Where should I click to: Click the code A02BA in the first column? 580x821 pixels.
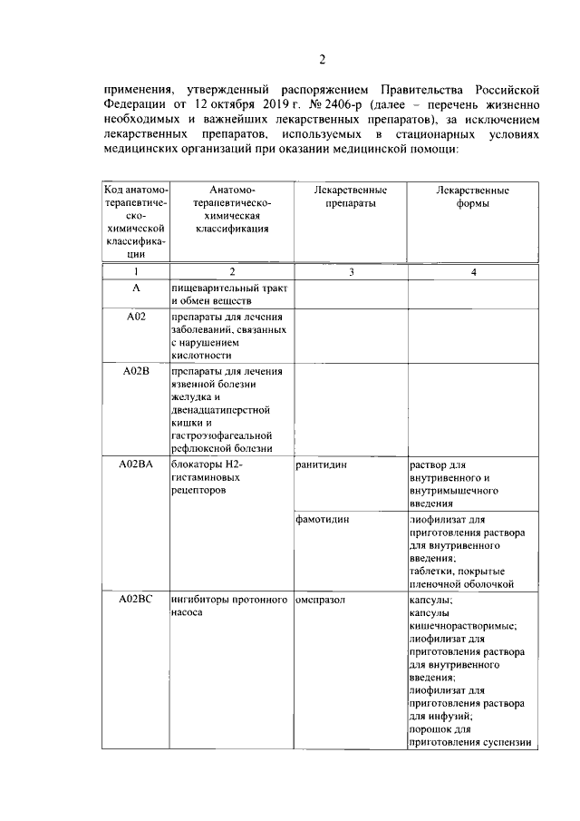135,464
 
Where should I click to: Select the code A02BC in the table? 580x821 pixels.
135,600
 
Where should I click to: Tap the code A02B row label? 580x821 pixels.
135,370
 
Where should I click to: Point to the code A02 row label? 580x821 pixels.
135,316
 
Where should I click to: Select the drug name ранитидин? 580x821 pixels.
322,464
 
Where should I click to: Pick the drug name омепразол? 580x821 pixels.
321,600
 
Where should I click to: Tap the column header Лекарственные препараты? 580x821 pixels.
350,197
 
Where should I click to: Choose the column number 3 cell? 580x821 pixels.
351,271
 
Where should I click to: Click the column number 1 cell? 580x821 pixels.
135,271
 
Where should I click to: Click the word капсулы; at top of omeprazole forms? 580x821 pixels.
431,600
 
